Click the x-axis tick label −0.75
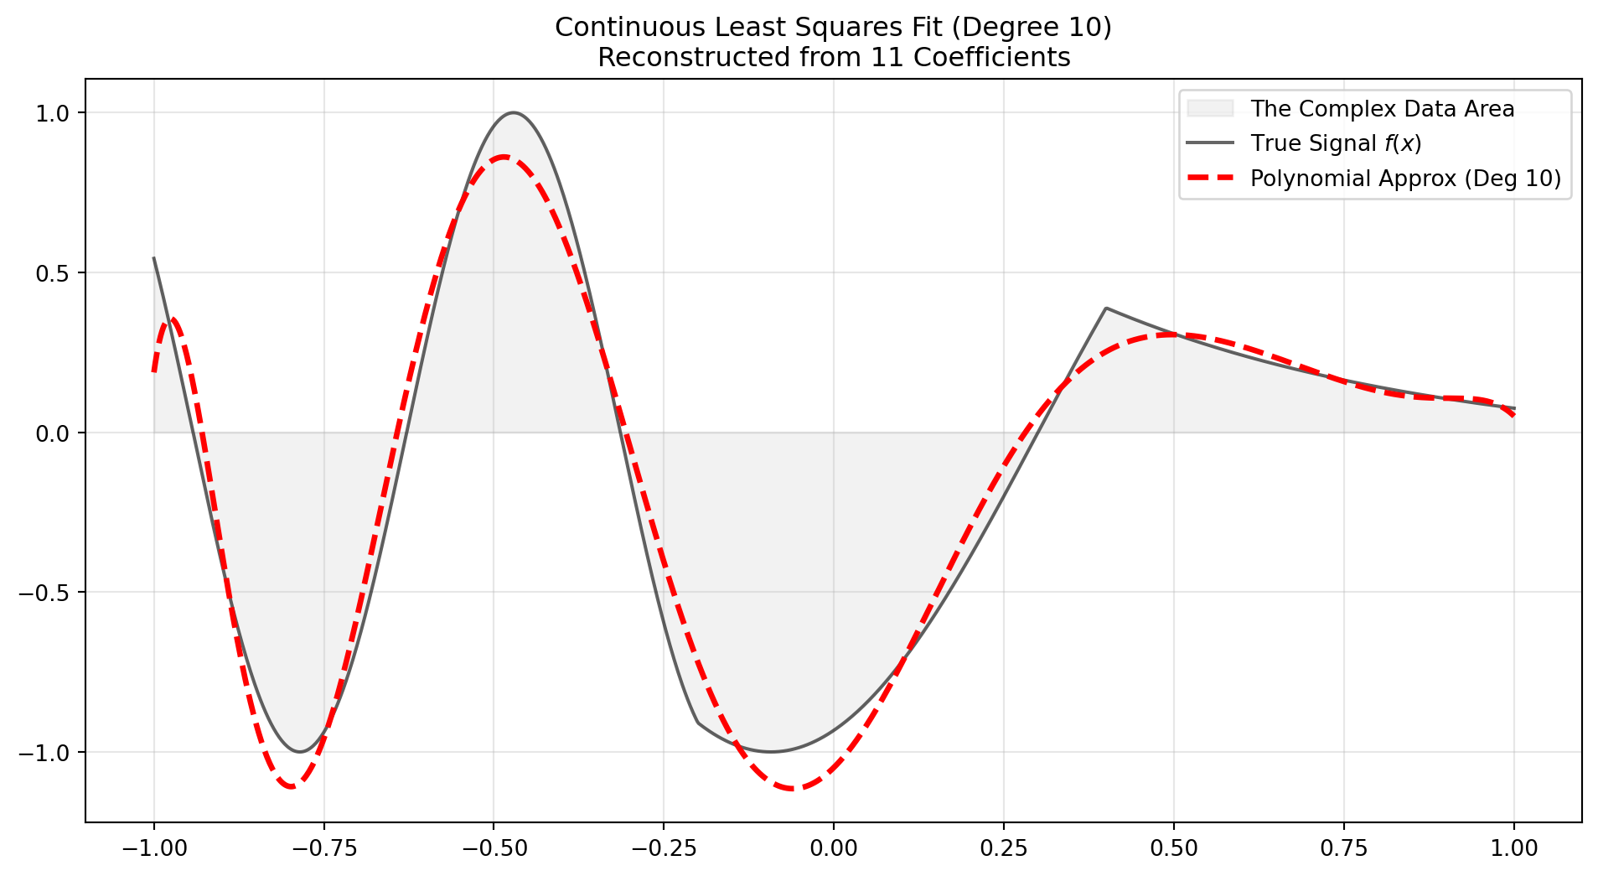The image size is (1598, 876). [323, 848]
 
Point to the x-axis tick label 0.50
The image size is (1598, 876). [1173, 848]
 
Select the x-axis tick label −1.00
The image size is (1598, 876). [153, 848]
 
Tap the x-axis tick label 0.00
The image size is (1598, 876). [834, 848]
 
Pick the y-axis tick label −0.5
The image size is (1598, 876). [48, 593]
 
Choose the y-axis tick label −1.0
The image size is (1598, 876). [48, 753]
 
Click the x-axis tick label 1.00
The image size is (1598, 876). [1513, 848]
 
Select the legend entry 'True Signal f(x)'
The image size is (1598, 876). [1336, 144]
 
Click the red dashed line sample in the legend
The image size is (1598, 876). [1210, 178]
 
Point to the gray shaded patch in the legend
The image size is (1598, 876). [1210, 108]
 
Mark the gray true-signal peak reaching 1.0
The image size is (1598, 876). [513, 112]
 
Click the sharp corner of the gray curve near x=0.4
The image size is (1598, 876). [1106, 308]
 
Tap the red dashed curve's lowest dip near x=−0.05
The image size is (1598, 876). [792, 789]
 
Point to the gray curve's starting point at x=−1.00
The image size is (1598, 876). [154, 258]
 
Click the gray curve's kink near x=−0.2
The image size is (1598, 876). [698, 722]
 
